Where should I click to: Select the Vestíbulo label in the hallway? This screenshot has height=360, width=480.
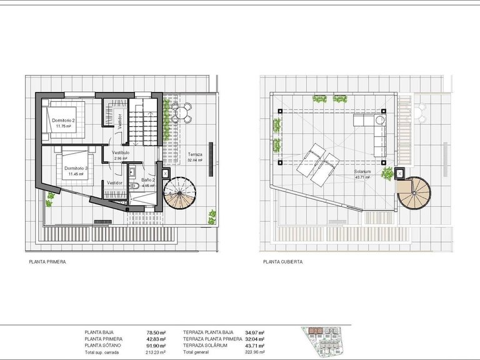coord(121,152)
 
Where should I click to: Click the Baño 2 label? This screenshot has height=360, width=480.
coord(139,180)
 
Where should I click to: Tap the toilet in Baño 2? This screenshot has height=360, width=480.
coord(133,186)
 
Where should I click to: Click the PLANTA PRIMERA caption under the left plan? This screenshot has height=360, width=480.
coord(47,262)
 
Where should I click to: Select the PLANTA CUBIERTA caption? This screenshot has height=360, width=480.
coord(282,262)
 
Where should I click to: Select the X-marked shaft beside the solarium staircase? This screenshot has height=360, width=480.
coord(401,176)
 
